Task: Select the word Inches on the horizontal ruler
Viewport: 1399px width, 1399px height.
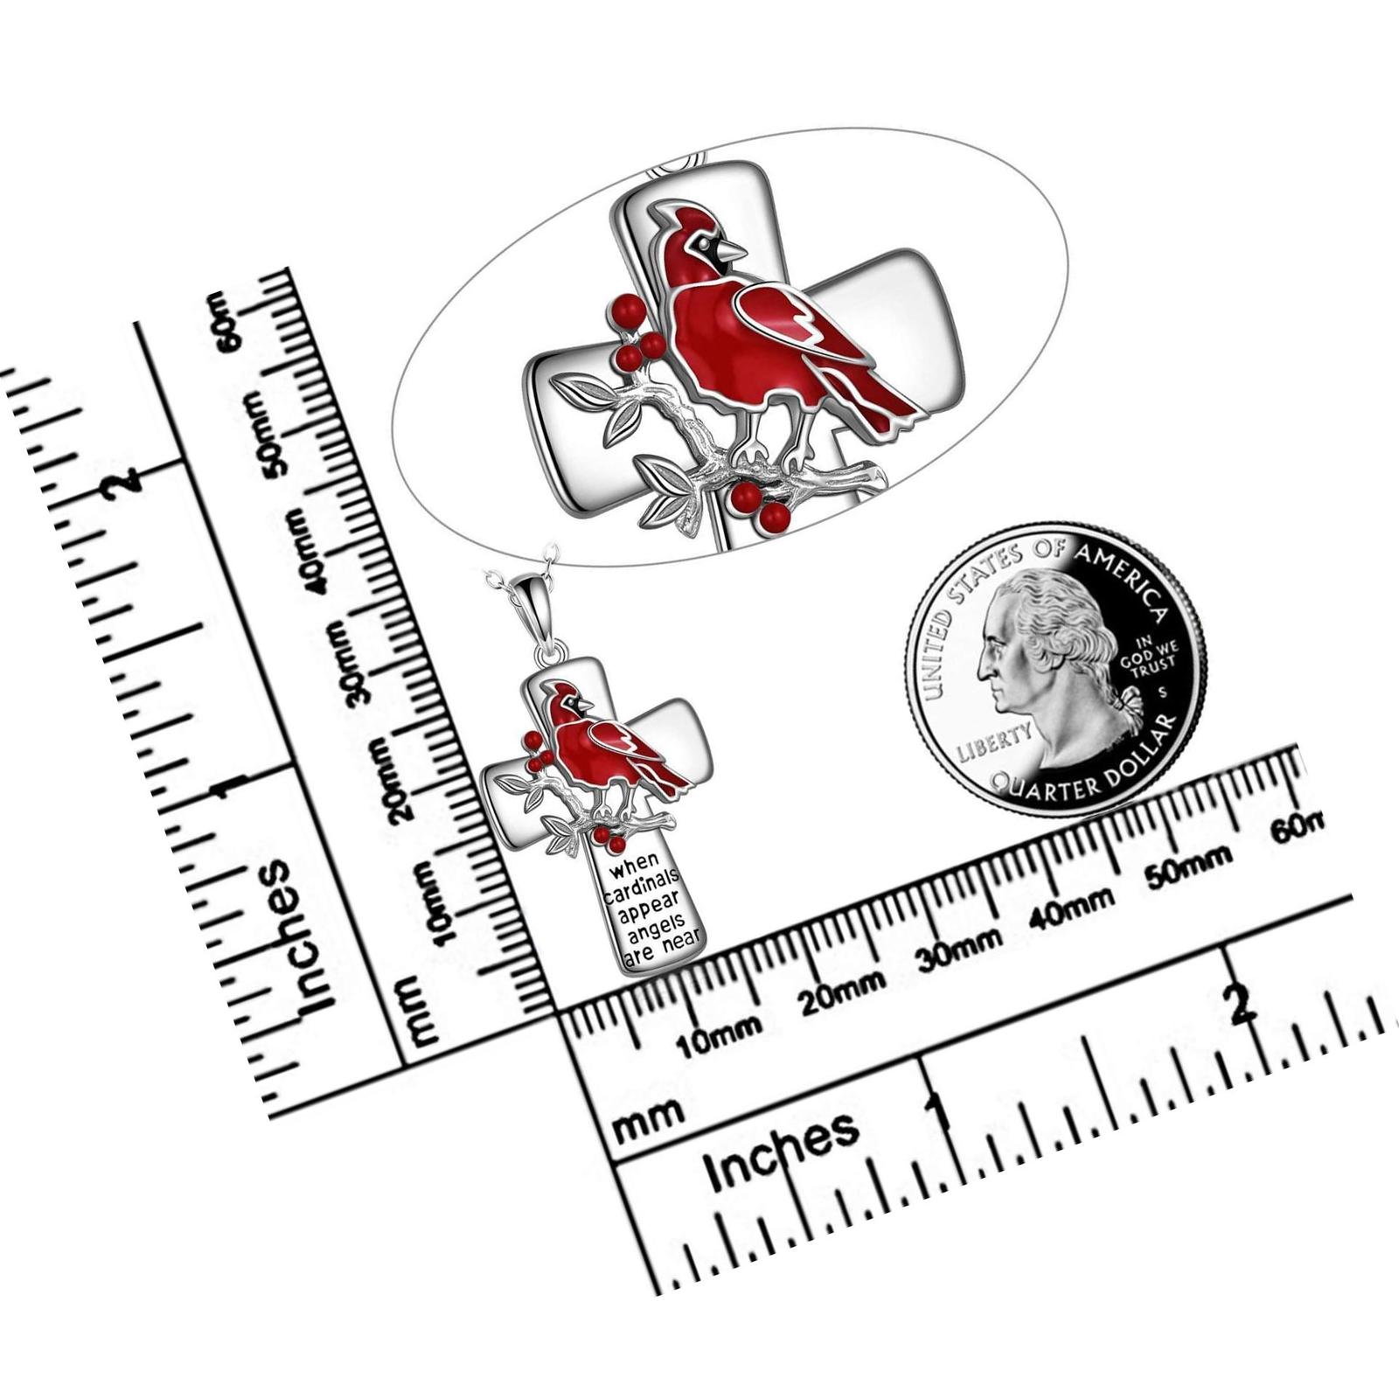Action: [783, 1151]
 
